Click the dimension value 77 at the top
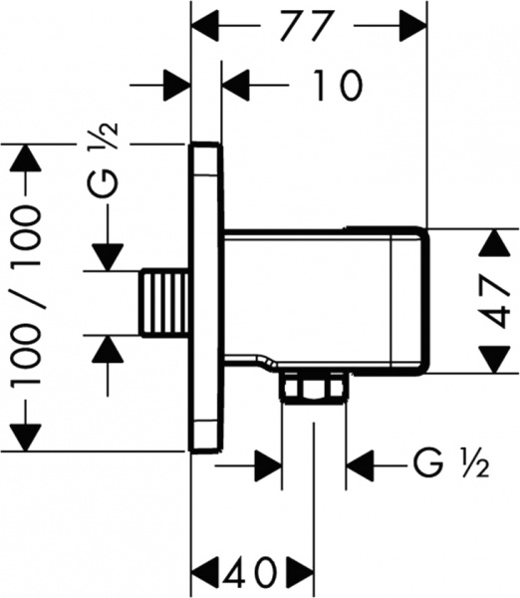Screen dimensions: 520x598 307,26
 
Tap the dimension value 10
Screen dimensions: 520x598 336,85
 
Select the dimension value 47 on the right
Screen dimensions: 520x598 495,302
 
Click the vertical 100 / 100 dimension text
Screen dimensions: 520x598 26,296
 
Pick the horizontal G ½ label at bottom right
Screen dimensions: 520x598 451,464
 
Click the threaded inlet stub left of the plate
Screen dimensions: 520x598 164,303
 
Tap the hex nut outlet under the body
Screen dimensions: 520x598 314,388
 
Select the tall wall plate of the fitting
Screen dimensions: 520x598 206,297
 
